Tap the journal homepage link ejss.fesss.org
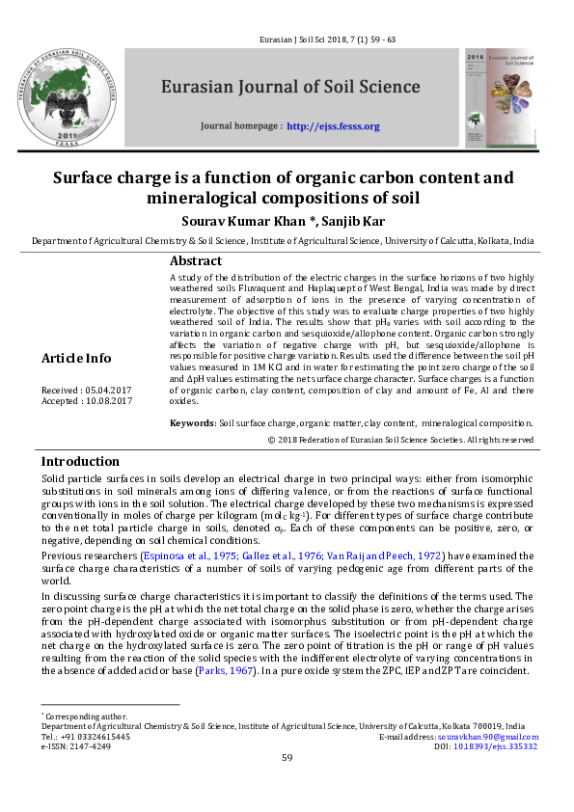333,126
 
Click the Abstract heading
196,261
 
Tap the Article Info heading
76,359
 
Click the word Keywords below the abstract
192,422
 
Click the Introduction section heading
80,461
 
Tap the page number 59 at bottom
287,758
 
